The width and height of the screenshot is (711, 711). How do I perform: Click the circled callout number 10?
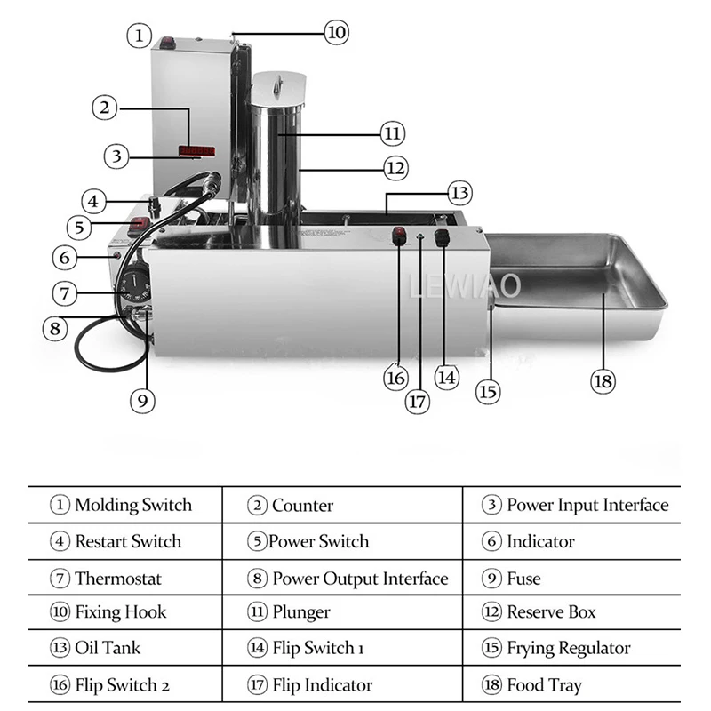tap(335, 33)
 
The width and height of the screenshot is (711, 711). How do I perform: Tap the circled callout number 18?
tap(603, 381)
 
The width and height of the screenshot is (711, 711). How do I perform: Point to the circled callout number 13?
tap(459, 192)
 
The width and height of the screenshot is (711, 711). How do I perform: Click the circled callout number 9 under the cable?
tap(142, 400)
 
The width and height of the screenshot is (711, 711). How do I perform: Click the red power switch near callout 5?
tap(140, 224)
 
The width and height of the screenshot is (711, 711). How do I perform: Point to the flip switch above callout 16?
tap(398, 237)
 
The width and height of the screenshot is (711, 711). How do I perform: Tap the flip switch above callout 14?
tap(441, 237)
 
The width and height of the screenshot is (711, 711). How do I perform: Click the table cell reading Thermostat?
tap(118, 579)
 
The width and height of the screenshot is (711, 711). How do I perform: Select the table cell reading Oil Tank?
tap(108, 648)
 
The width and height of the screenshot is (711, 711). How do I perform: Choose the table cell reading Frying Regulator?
tap(569, 648)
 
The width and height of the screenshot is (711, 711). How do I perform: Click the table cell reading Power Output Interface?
tap(360, 579)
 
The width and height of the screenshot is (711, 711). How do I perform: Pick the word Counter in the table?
tap(302, 506)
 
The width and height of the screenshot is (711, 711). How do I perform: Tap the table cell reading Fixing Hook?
tap(120, 612)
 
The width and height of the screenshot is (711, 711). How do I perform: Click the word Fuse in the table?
tap(523, 579)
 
